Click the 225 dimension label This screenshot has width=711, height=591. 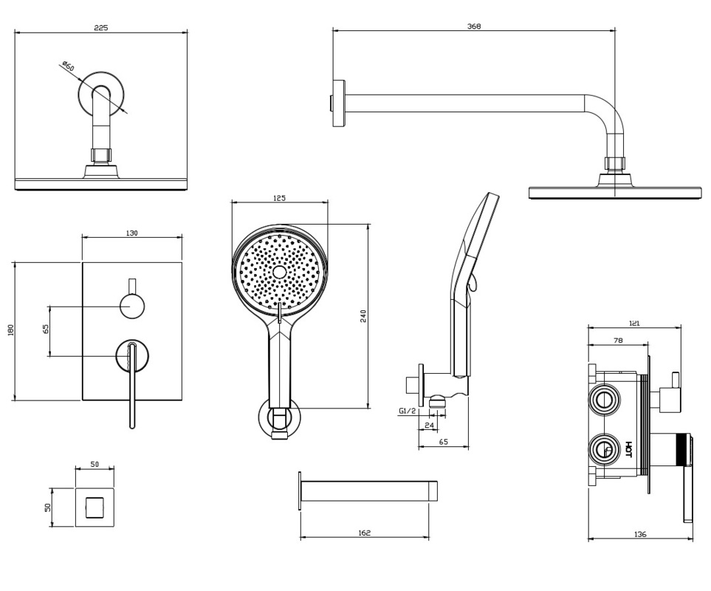coord(101,28)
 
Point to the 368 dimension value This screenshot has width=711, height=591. coord(474,27)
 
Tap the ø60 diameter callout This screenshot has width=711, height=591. coord(68,68)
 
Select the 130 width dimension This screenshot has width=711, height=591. coord(131,233)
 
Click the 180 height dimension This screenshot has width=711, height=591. coord(10,330)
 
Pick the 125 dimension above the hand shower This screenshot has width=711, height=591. coord(279,198)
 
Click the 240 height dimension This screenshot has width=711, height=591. coord(363,315)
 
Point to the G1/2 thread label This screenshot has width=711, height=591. coord(407,410)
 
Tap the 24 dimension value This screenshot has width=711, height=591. coord(430,426)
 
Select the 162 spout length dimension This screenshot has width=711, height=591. coord(364,533)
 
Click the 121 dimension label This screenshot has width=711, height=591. coord(634,323)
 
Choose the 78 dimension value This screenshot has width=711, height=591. coord(618,341)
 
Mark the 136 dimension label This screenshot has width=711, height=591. coord(640,534)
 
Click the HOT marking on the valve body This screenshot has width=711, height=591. coord(628,449)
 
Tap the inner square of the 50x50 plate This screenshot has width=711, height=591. coord(95,508)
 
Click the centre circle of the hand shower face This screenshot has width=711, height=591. coord(279,272)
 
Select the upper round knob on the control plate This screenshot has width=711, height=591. coord(132,305)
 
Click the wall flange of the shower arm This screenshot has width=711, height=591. coord(338,103)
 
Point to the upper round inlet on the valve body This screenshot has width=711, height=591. coord(604,400)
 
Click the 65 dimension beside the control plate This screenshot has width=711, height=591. coord(46,330)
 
